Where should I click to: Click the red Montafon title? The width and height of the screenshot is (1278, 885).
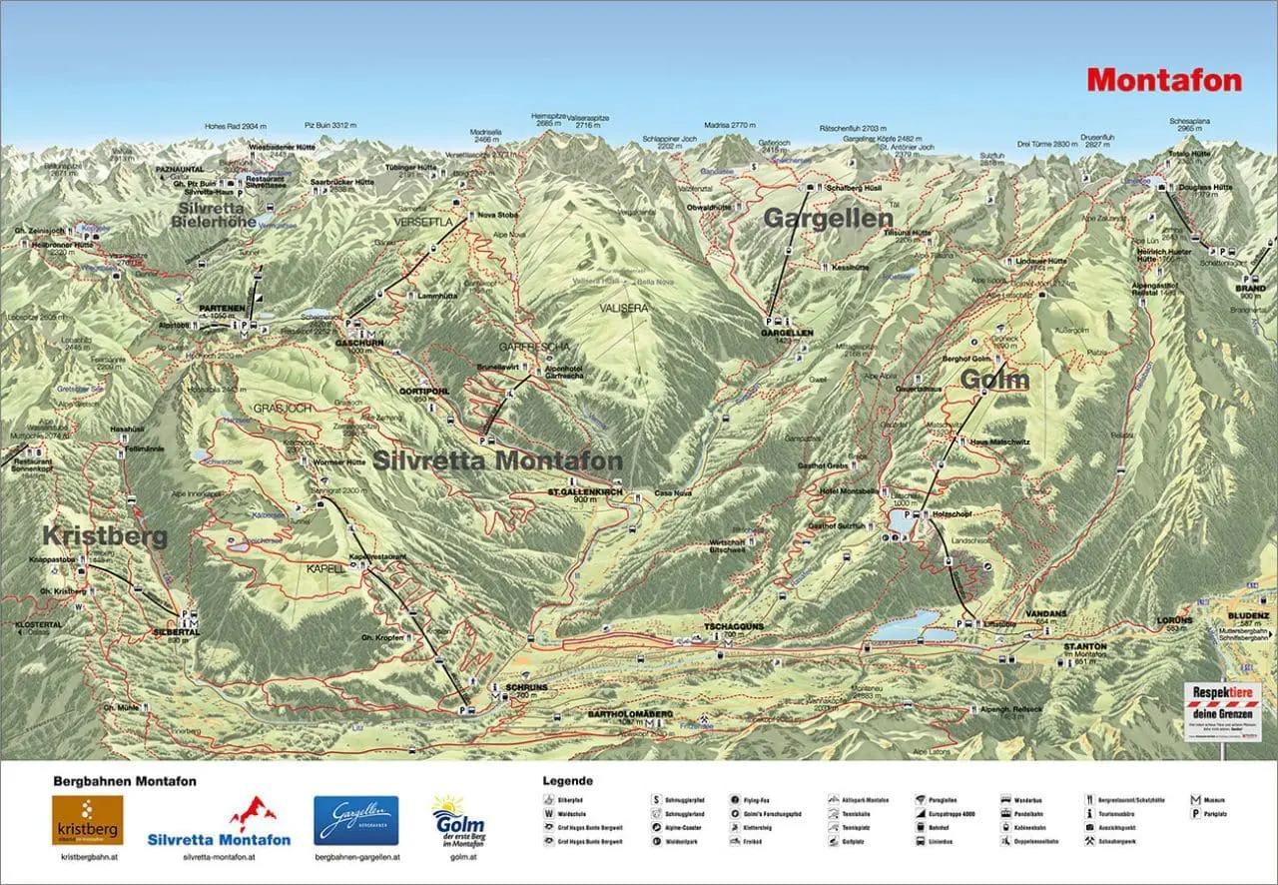point(1164,80)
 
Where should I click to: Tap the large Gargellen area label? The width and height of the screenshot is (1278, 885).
point(814,218)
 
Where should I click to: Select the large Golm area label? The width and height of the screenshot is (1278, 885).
point(994,380)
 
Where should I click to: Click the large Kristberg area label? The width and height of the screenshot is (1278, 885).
point(105,535)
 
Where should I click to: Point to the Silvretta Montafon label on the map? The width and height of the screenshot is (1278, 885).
point(497,460)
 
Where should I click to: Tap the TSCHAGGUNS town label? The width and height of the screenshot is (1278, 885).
point(721,626)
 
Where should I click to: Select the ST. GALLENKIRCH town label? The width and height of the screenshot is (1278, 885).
point(585,492)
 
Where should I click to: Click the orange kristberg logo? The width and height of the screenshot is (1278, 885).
point(88,820)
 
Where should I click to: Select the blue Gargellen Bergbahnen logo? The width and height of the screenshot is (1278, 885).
point(355,820)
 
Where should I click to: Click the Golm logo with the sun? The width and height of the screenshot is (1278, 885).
point(459,821)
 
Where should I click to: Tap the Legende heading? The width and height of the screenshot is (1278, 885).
point(567,780)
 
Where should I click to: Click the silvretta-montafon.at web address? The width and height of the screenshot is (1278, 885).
point(219,857)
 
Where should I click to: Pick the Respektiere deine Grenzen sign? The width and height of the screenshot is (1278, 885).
point(1221,710)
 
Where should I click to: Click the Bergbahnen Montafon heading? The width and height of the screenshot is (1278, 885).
point(124,781)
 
